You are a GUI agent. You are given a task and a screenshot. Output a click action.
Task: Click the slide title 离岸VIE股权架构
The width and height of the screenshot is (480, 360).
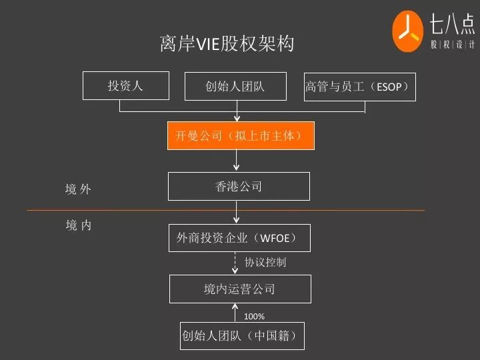tap(227, 44)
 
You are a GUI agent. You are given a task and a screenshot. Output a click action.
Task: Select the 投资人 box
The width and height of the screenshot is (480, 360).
tap(125, 86)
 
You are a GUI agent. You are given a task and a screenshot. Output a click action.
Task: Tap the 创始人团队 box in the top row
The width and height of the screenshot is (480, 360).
tap(235, 86)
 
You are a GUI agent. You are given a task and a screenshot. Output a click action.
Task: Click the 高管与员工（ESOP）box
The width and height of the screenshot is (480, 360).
tap(359, 87)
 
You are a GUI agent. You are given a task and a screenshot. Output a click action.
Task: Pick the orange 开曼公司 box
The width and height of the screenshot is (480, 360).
tap(239, 135)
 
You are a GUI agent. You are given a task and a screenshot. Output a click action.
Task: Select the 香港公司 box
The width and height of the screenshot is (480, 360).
tap(239, 187)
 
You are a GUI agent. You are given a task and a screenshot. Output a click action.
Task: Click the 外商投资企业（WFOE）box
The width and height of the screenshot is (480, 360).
tap(239, 238)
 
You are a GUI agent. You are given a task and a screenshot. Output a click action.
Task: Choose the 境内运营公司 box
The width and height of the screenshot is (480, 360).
tap(239, 289)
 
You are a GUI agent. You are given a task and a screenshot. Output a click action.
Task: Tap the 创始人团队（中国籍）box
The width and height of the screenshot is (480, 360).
tap(243, 335)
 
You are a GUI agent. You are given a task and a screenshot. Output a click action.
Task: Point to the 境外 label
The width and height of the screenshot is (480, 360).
tap(78, 189)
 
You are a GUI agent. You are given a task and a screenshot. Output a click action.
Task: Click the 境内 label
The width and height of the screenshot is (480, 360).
tap(79, 225)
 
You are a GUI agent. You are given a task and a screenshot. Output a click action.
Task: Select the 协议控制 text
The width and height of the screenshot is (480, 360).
tap(265, 263)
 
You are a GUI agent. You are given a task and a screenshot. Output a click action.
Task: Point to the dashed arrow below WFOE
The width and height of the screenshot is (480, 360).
tap(235, 263)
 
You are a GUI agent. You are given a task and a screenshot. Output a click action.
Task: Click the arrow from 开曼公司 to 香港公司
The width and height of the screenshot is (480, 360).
tap(237, 161)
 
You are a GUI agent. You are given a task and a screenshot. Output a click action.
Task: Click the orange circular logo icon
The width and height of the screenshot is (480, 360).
tap(407, 31)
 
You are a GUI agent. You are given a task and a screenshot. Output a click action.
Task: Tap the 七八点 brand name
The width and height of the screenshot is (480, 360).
tap(452, 25)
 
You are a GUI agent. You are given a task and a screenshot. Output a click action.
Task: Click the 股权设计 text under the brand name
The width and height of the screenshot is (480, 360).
tap(452, 45)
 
